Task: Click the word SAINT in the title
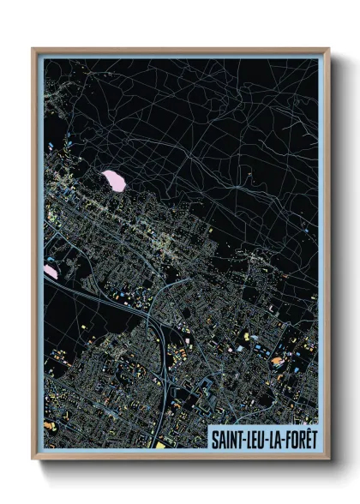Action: coord(226,439)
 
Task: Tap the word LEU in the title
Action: coord(255,439)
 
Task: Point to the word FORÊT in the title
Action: coord(301,439)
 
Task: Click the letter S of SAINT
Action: coord(214,439)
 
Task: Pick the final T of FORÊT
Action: coord(314,439)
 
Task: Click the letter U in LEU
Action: coord(262,439)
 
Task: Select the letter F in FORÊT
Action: coord(287,439)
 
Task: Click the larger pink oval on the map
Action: coord(113,180)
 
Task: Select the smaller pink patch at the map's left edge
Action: coord(51,271)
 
